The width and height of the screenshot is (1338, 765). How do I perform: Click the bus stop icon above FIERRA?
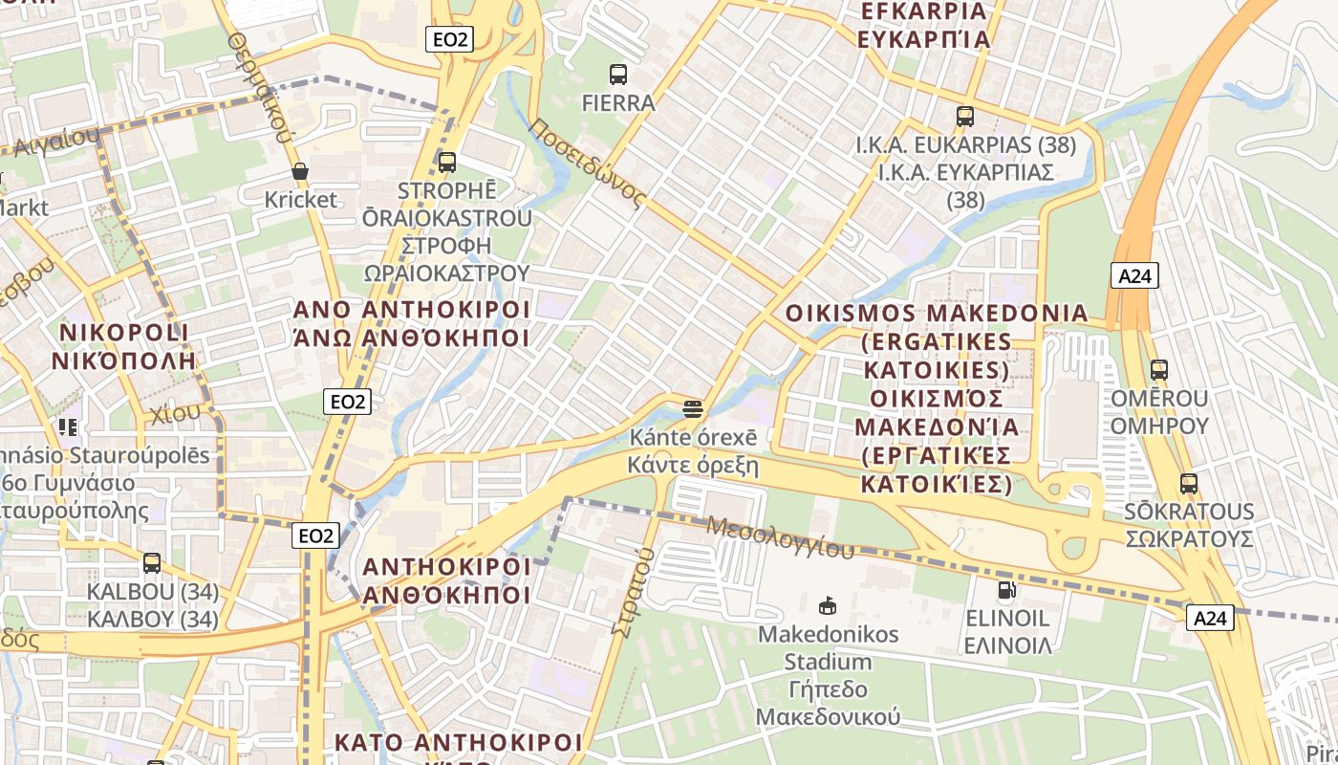click(618, 74)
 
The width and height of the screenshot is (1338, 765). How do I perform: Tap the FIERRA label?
click(618, 102)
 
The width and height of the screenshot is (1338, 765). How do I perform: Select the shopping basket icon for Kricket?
click(300, 171)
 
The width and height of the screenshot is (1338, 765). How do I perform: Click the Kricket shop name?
click(301, 199)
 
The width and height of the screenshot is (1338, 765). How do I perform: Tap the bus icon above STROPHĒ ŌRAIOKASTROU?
click(446, 162)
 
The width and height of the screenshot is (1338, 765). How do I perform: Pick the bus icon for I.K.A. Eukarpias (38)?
click(965, 117)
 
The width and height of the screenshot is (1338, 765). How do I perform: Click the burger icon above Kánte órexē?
click(693, 409)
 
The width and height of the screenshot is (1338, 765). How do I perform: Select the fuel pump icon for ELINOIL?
click(1006, 590)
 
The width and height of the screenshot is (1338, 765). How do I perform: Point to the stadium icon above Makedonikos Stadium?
click(828, 605)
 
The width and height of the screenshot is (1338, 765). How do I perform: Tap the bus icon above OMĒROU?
click(1159, 369)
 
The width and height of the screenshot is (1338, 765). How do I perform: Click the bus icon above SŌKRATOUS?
click(1188, 484)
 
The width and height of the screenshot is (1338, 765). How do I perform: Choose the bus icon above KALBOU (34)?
click(152, 563)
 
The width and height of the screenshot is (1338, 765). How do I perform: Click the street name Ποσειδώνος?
click(586, 164)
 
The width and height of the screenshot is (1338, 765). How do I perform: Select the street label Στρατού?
click(628, 594)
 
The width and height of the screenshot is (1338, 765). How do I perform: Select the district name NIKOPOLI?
click(124, 333)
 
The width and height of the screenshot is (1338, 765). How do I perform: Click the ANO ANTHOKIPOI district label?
click(411, 310)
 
